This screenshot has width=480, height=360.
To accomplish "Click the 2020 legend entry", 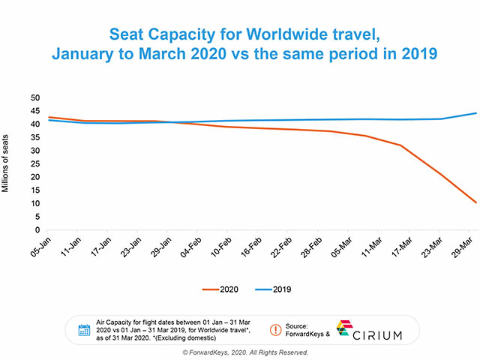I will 223,289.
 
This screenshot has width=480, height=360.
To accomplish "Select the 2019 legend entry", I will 274,289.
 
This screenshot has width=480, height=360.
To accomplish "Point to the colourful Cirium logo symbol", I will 343,328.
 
